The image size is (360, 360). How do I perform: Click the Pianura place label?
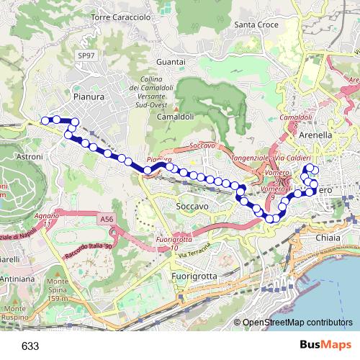coord(89,94)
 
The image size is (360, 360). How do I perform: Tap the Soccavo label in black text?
coord(192,207)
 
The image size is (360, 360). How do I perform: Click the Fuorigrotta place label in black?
coord(194,276)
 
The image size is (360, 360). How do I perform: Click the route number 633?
coord(30,346)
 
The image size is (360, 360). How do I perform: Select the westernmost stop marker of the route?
coord(45,120)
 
